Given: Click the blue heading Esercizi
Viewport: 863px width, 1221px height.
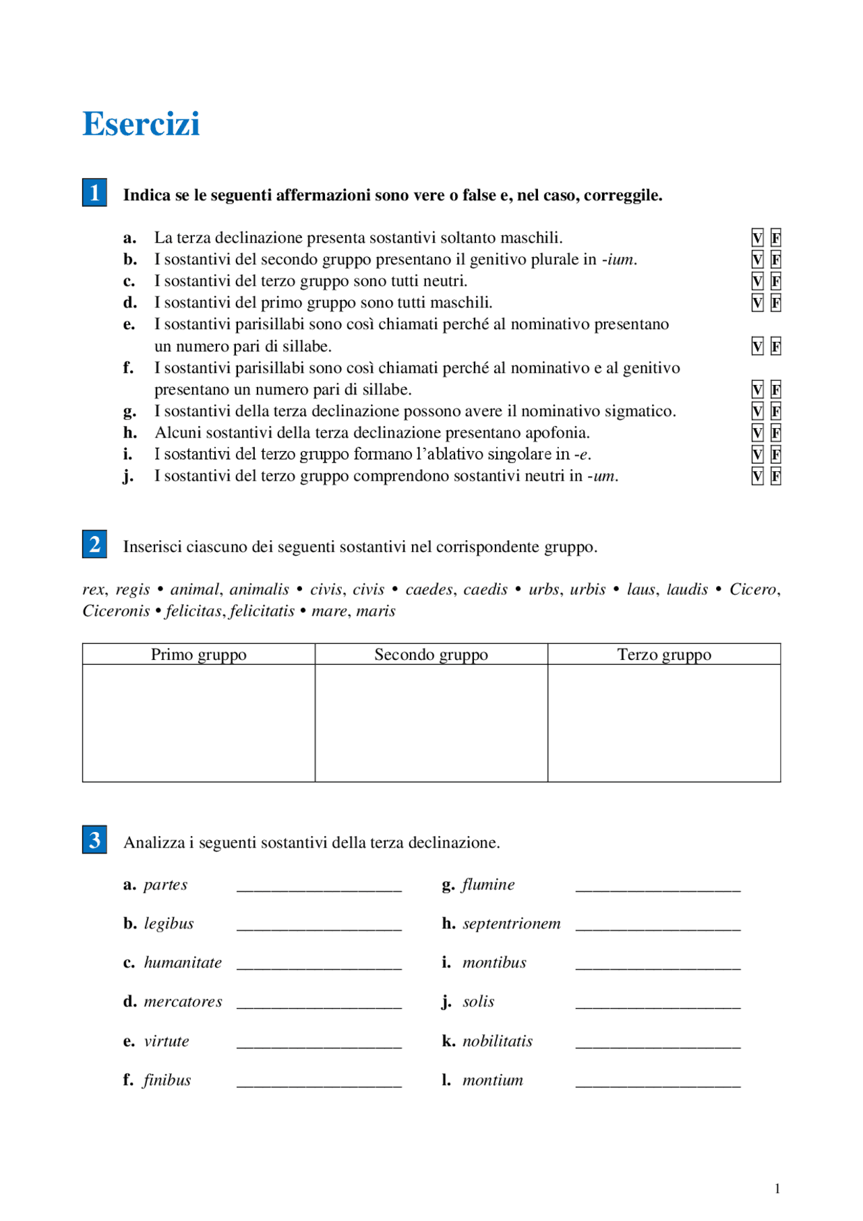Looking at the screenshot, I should point(141,124).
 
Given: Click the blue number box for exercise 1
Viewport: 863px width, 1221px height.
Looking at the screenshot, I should point(94,193).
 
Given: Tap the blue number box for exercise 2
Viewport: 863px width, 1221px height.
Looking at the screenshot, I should point(94,544).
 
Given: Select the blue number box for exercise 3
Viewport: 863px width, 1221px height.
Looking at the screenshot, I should point(94,840).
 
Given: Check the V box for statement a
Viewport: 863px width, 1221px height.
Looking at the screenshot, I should point(757,238).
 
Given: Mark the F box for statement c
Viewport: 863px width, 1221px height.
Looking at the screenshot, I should point(776,281).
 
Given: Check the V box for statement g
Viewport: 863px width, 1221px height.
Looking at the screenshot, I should point(757,411).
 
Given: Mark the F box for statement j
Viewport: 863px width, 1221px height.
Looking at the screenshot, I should point(776,477).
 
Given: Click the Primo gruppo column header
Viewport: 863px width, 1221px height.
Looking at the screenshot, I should point(198,655).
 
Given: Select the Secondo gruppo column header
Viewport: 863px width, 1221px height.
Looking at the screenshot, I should point(431,655).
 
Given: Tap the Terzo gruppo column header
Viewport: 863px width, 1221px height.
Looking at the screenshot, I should point(664,655).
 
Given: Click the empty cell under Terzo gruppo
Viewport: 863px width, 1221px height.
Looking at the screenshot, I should point(664,723).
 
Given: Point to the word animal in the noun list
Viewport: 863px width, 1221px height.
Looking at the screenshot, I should point(195,590).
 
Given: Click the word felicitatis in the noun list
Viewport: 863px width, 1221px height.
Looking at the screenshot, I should point(262,612).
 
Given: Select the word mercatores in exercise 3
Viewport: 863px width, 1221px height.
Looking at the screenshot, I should point(183,1002).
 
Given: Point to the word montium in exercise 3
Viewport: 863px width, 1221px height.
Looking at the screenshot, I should point(493,1081).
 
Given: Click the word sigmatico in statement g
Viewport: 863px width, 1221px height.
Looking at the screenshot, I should point(641,411).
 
